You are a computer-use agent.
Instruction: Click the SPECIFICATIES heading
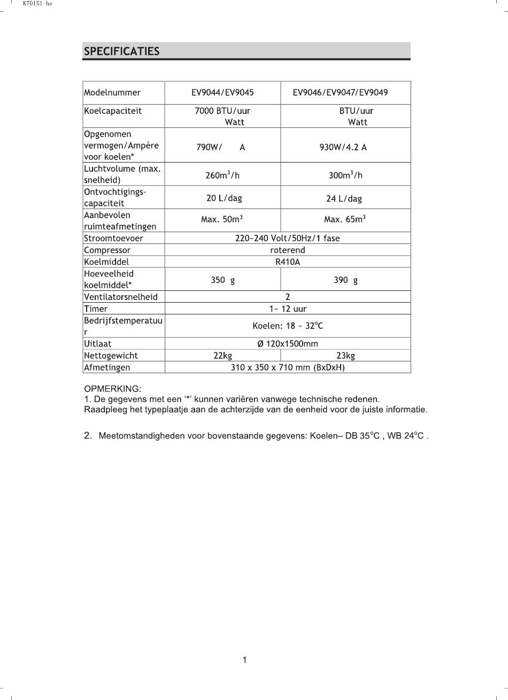pos(121,51)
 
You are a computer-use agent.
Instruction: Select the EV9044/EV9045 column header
pos(222,93)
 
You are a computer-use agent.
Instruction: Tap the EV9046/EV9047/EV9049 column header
pos(340,93)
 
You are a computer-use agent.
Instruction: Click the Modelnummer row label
pos(112,93)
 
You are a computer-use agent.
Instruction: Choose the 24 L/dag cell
pos(344,198)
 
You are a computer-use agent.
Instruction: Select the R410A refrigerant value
pos(288,262)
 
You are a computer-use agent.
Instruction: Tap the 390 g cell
pos(345,280)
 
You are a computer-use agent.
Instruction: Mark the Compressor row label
pos(107,250)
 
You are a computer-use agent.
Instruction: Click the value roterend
pos(288,250)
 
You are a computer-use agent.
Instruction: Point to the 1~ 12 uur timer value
pos(288,309)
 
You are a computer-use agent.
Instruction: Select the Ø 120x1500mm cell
pos(288,344)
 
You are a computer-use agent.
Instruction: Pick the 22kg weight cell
pos(222,356)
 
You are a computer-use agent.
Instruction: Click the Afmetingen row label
pos(107,367)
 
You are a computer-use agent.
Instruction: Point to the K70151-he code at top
pos(37,4)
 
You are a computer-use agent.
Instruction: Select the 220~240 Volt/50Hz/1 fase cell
pos(288,239)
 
